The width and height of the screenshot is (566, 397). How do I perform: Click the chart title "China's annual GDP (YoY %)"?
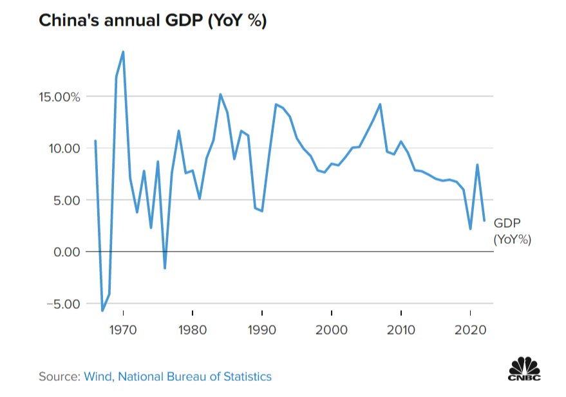(x=153, y=21)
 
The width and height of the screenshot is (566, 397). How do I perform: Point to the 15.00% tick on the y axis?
(x=57, y=97)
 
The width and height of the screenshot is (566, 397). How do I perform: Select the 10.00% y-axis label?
(x=57, y=149)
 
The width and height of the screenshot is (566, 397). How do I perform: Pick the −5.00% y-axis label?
(x=57, y=303)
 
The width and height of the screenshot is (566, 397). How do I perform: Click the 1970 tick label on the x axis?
(x=122, y=331)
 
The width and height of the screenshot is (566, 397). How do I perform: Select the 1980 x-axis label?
(x=192, y=331)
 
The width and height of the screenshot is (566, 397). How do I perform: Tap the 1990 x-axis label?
(x=261, y=331)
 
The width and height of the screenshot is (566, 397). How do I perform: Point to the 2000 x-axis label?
(x=331, y=331)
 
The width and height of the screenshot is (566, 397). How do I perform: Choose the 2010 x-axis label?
(x=401, y=331)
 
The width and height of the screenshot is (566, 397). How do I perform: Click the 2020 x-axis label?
(x=470, y=331)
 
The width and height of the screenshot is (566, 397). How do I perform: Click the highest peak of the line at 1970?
(x=123, y=52)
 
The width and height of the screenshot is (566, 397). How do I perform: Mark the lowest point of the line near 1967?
(x=102, y=311)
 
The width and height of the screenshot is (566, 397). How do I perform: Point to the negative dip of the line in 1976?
(x=165, y=268)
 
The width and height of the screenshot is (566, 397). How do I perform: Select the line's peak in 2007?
(x=380, y=104)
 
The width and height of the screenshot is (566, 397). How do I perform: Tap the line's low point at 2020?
(x=470, y=228)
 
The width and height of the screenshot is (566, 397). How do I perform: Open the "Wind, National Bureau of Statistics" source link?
(x=178, y=376)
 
